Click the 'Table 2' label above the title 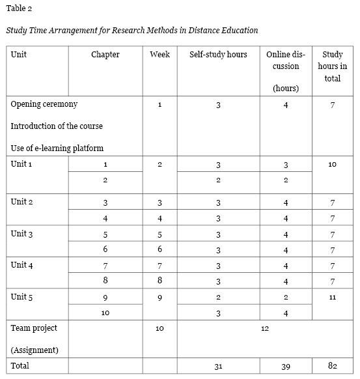pyautogui.click(x=19, y=8)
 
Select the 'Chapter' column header pyautogui.click(x=105, y=55)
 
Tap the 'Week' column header pyautogui.click(x=159, y=55)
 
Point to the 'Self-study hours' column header pyautogui.click(x=218, y=55)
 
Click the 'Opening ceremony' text pyautogui.click(x=44, y=104)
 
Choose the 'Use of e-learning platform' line pyautogui.click(x=57, y=148)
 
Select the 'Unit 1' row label pyautogui.click(x=21, y=164)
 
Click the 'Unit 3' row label pyautogui.click(x=21, y=233)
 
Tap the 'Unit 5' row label pyautogui.click(x=21, y=297)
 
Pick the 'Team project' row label pyautogui.click(x=34, y=328)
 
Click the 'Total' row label pyautogui.click(x=20, y=366)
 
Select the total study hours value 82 pyautogui.click(x=332, y=367)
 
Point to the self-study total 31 pyautogui.click(x=218, y=367)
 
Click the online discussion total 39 pyautogui.click(x=285, y=367)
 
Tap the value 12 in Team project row pyautogui.click(x=265, y=329)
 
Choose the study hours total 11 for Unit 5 pyautogui.click(x=332, y=297)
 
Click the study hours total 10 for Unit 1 pyautogui.click(x=332, y=165)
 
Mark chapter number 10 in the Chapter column pyautogui.click(x=105, y=313)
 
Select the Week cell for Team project pyautogui.click(x=159, y=329)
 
